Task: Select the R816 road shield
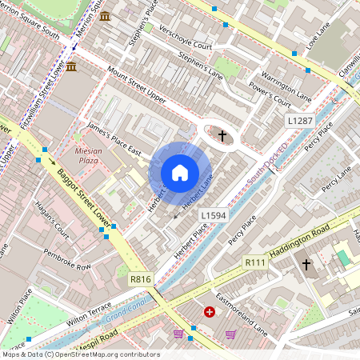pos(140,280)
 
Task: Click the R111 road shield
pos(255,262)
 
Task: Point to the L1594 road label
pos(214,215)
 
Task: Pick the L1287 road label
pos(300,121)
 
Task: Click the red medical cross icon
pos(210,312)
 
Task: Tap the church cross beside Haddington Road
pos(306,264)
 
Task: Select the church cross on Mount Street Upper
pos(222,137)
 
